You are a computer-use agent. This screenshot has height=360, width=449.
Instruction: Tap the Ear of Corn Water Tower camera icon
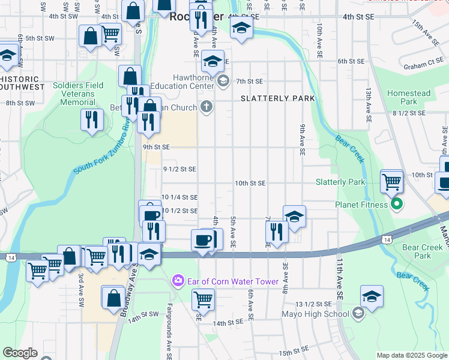[177, 281]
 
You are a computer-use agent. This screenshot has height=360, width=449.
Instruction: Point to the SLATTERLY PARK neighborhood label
[269, 98]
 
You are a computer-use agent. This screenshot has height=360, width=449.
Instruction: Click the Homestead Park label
[409, 98]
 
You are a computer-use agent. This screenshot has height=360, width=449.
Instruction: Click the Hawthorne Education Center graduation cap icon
[223, 81]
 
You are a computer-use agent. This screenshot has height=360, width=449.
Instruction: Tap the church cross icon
[206, 107]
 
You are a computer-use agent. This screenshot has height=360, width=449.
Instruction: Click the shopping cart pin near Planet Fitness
[391, 180]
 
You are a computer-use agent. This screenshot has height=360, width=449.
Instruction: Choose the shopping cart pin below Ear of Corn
[203, 298]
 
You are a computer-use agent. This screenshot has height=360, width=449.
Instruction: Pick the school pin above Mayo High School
[372, 296]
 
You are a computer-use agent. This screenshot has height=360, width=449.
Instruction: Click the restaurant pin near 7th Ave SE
[276, 231]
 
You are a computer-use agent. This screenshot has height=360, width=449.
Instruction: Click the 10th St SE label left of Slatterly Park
[250, 183]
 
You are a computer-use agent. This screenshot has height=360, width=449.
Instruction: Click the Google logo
[20, 353]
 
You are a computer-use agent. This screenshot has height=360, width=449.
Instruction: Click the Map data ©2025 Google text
[411, 355]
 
